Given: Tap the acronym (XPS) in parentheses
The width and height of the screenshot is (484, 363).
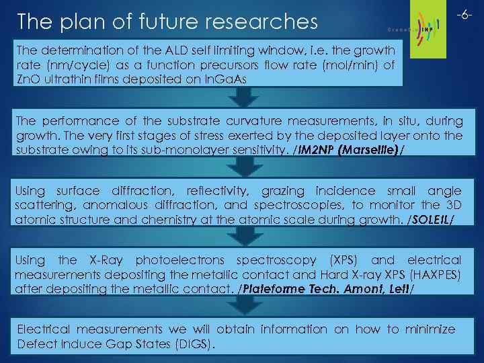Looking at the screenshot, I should (x=345, y=259).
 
